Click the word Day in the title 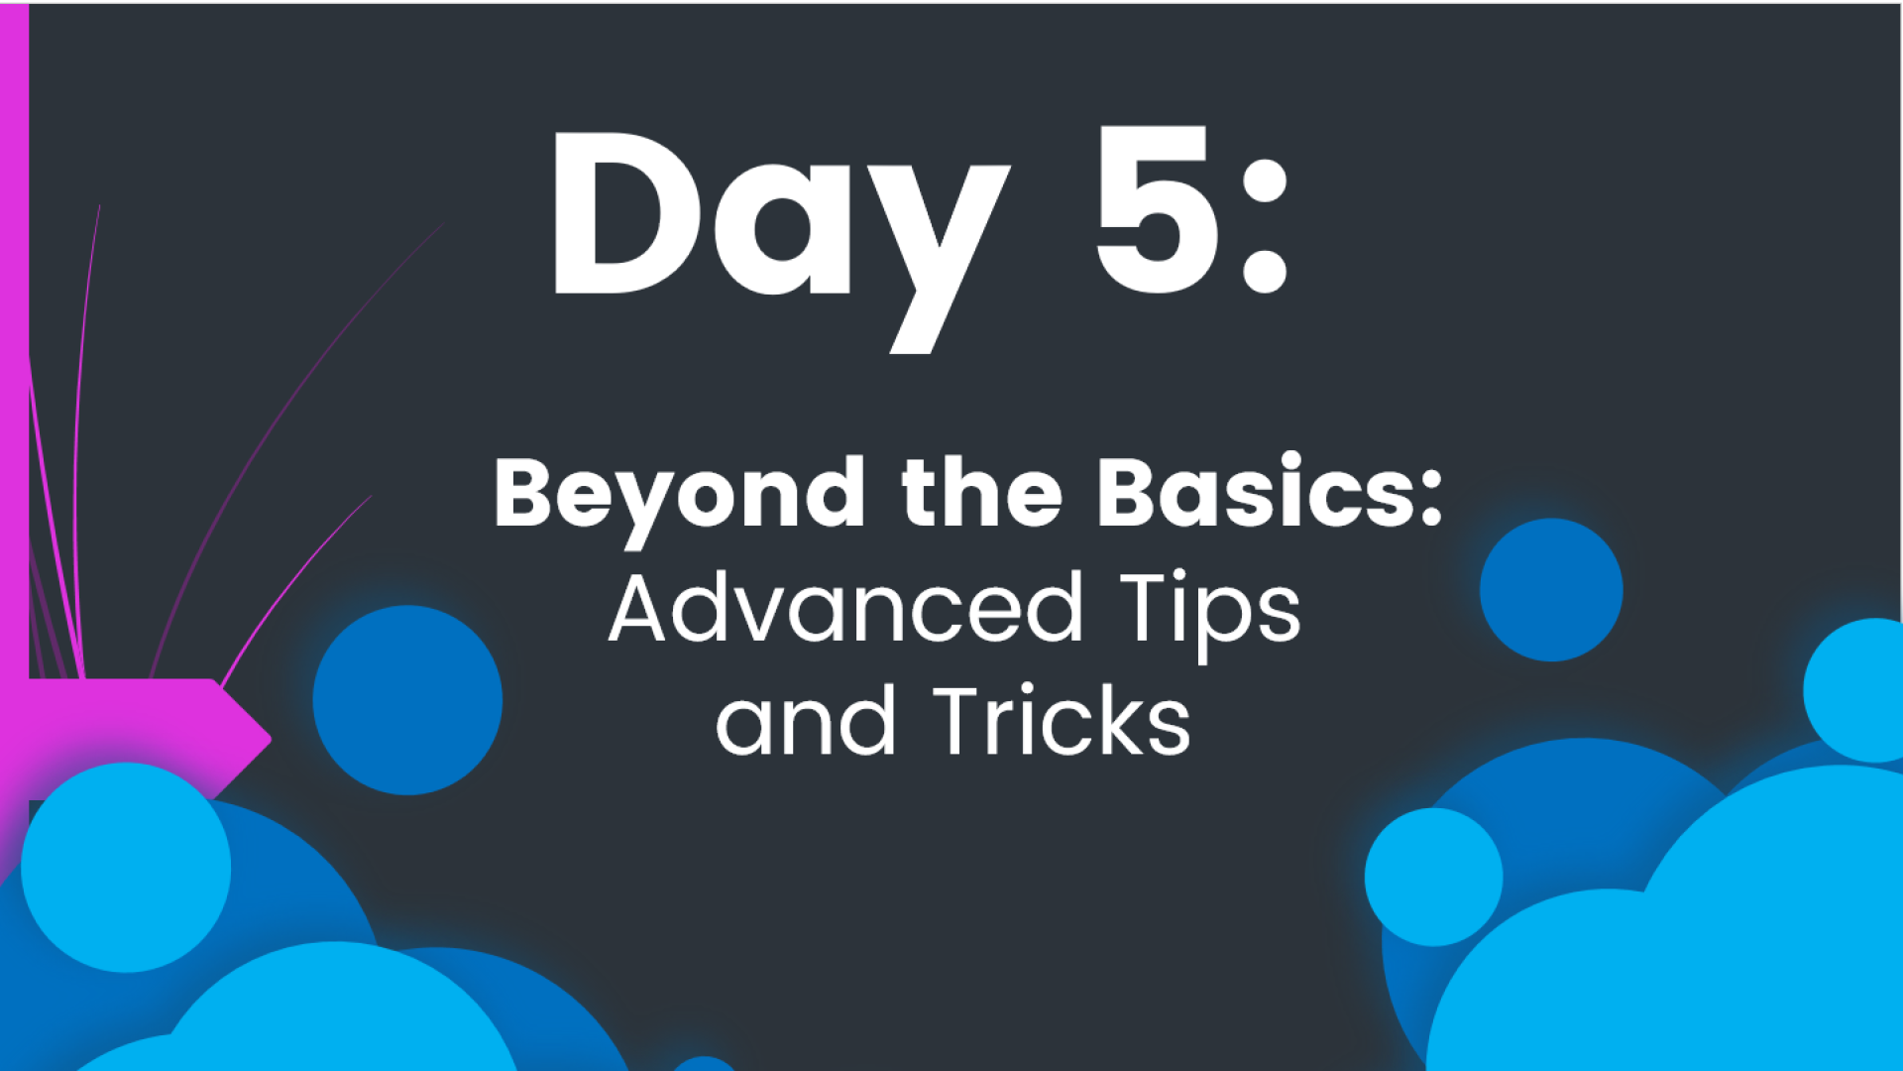[x=782, y=239]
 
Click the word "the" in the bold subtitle [x=982, y=490]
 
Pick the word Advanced [x=845, y=607]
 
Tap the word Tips [x=1210, y=615]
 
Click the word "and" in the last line [x=806, y=720]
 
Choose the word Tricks [x=1062, y=720]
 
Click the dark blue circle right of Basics [x=1551, y=590]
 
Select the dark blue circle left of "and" [x=407, y=700]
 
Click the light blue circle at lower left [x=126, y=868]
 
